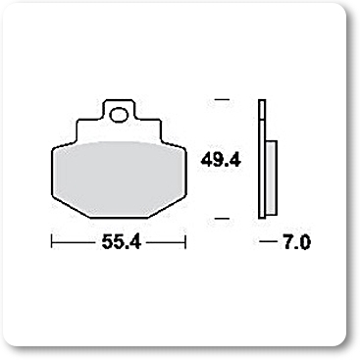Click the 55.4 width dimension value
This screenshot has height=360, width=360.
[121, 242]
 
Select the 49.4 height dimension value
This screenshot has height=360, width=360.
[221, 160]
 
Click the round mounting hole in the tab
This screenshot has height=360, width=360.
[119, 115]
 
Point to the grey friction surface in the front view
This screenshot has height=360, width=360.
[120, 179]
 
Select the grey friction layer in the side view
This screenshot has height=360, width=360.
[271, 179]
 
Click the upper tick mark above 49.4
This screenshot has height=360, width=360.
[223, 99]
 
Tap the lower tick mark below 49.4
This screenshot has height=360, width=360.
[223, 218]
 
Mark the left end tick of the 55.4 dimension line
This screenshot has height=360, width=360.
[52, 242]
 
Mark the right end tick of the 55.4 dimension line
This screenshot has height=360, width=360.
[185, 242]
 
